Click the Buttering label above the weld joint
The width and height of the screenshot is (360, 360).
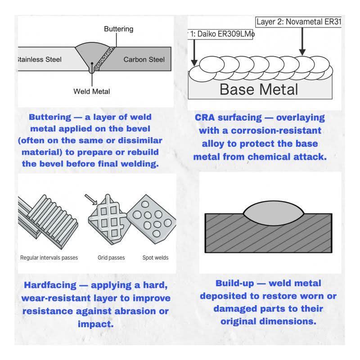point(118,29)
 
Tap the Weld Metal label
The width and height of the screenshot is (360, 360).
point(92,91)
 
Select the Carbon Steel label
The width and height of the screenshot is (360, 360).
point(144,59)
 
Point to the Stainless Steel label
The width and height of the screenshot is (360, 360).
point(40,59)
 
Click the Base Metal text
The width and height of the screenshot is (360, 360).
point(259,89)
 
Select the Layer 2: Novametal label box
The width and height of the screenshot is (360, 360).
point(298,22)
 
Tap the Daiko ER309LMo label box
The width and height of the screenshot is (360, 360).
point(220,34)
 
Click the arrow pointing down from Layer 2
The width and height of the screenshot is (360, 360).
point(302,41)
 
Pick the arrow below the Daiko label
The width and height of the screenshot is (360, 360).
point(194,53)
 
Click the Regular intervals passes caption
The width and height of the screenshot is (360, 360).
point(49,257)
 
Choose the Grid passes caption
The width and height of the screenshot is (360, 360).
point(111,257)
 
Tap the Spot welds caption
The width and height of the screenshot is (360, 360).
point(155,257)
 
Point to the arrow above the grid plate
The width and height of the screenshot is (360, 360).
point(91,199)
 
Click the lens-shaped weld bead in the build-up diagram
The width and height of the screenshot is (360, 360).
point(274,213)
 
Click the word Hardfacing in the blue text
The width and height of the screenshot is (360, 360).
point(50,285)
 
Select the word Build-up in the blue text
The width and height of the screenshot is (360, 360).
point(234,283)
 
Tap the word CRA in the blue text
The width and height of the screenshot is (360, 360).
point(205,117)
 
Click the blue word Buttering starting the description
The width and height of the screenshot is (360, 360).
point(50,117)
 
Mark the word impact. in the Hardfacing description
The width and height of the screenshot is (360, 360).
point(95,324)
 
